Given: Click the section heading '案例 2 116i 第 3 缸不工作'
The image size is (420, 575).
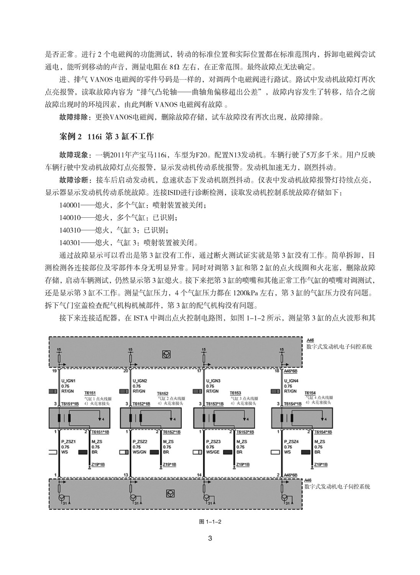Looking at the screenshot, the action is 107,136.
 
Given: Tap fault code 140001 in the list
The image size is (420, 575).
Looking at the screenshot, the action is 70,205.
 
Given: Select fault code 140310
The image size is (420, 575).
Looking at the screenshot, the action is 70,230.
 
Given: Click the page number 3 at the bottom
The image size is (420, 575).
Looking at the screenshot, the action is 210,539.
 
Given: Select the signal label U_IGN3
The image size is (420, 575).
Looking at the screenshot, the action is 213,381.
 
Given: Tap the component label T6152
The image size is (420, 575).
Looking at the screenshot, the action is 162,394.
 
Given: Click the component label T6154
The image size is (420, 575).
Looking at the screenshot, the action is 310,393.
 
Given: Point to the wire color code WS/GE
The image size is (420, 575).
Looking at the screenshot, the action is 213,452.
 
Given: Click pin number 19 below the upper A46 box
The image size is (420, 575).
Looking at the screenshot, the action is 54,371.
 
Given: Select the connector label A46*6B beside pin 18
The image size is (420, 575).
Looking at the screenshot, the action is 291,371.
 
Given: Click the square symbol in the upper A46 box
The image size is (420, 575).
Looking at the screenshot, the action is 167,355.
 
